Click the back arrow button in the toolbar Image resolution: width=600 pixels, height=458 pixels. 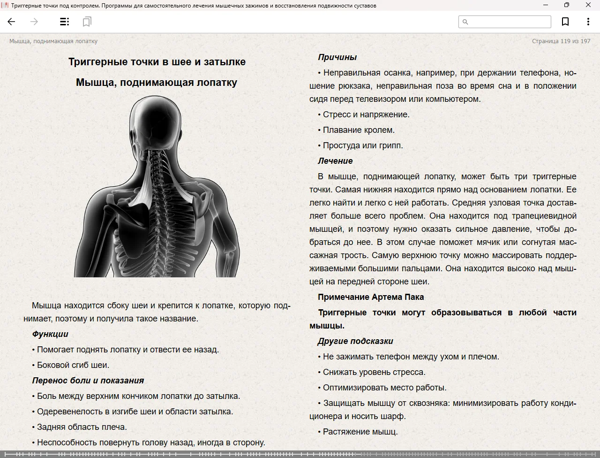pos(12,22)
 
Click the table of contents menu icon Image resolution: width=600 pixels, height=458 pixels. pos(65,22)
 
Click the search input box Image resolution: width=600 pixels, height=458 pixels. pos(509,22)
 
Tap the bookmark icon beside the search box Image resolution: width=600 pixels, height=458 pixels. pos(565,22)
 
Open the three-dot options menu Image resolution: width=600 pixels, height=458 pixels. pos(588,22)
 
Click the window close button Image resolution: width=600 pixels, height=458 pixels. pos(588,5)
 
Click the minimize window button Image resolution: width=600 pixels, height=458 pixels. pos(546,5)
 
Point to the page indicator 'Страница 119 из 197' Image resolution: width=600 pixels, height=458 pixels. pos(561,41)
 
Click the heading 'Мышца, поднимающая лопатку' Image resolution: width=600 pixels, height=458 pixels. pos(157,83)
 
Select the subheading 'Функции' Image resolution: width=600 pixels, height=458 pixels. pos(50,334)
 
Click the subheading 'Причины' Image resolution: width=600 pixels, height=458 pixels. pos(337,57)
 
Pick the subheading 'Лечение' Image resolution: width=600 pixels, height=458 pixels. pos(335,161)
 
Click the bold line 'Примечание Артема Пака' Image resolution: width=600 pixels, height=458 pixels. pos(371,297)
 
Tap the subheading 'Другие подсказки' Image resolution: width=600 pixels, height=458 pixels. pos(355,341)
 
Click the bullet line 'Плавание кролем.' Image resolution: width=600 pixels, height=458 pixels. pos(359,130)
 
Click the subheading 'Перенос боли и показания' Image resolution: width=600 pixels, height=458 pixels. pos(88,381)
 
